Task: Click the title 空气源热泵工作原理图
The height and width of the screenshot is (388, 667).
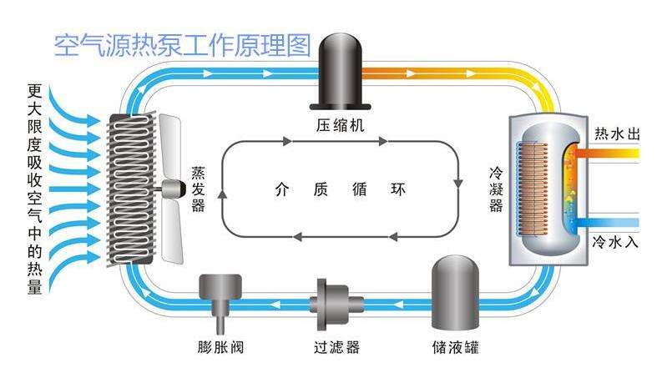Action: pyautogui.click(x=182, y=43)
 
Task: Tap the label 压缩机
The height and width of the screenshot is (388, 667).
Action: pyautogui.click(x=340, y=127)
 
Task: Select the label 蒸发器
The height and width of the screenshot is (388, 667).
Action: pyautogui.click(x=198, y=187)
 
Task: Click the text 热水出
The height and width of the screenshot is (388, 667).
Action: pyautogui.click(x=615, y=133)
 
